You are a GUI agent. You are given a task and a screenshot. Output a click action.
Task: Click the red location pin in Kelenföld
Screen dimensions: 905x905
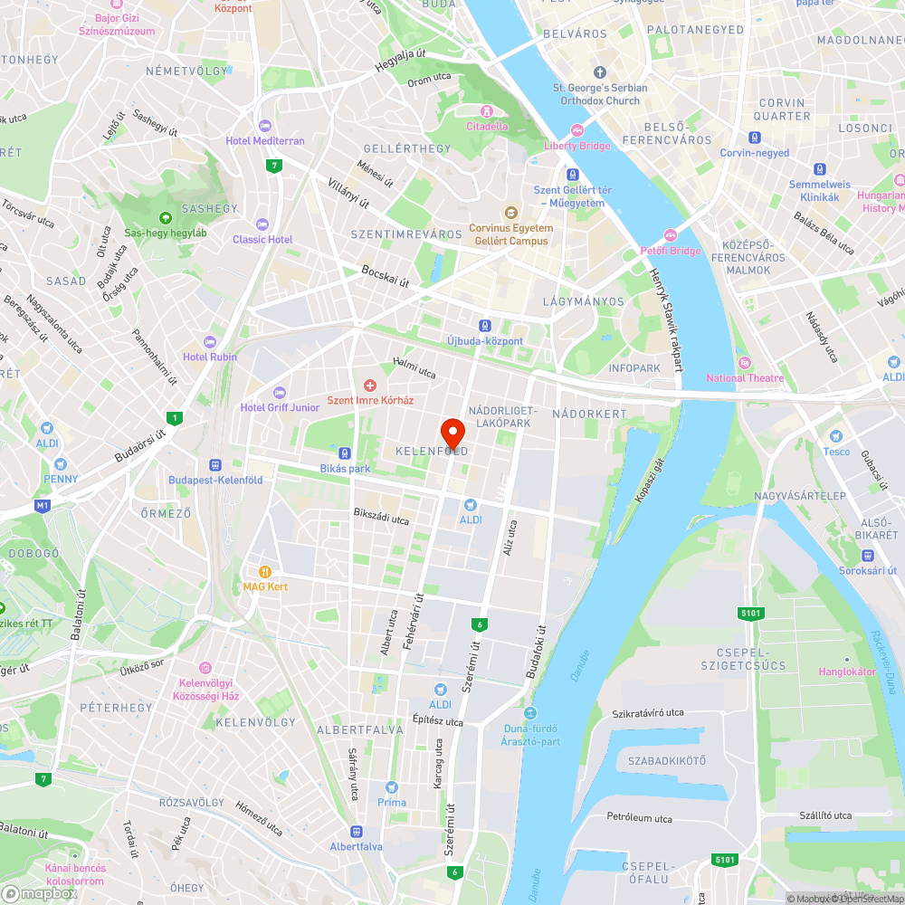pos(452,432)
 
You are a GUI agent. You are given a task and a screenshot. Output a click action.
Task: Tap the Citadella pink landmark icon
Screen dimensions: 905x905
pos(487,111)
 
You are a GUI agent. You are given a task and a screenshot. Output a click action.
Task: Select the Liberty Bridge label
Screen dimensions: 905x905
pos(577,146)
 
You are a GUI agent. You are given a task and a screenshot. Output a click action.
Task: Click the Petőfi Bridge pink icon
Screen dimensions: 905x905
pos(671,235)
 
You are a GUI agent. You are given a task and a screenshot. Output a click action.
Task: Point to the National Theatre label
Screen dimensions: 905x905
pos(745,378)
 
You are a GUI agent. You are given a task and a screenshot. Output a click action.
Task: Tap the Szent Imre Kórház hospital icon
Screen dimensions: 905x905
pos(369,386)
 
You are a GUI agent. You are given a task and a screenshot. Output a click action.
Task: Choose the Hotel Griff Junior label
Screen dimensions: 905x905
pos(280,407)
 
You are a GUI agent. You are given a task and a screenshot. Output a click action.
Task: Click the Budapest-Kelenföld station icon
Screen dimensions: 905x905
pos(215,464)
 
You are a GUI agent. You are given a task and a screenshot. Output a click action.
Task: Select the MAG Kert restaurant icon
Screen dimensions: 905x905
pos(265,572)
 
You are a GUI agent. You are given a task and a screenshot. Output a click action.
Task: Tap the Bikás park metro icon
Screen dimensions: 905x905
pos(345,453)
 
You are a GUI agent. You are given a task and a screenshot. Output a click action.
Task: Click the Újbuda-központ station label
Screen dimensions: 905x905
pos(485,341)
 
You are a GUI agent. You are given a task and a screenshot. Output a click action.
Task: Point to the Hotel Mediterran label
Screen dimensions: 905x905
pos(265,141)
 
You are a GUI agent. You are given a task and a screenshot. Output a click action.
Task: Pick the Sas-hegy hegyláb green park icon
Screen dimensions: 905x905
pos(166,218)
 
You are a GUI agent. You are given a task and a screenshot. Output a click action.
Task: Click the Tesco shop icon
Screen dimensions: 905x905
pos(836,436)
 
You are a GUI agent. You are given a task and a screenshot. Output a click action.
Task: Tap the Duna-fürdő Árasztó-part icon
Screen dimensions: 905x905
pos(530,713)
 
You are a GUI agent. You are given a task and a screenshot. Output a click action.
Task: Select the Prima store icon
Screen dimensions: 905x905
pos(392,787)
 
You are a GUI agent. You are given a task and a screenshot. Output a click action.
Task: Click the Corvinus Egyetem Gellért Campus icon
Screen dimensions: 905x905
pos(511,213)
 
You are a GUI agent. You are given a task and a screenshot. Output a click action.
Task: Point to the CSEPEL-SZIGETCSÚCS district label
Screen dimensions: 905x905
pos(742,659)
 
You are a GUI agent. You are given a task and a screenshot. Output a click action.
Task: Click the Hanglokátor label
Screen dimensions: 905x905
pos(847,672)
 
